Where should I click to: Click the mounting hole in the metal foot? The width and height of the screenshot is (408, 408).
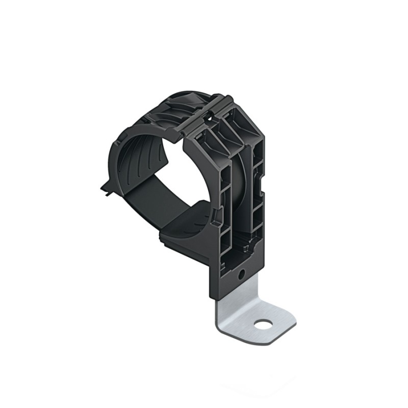[264, 323]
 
